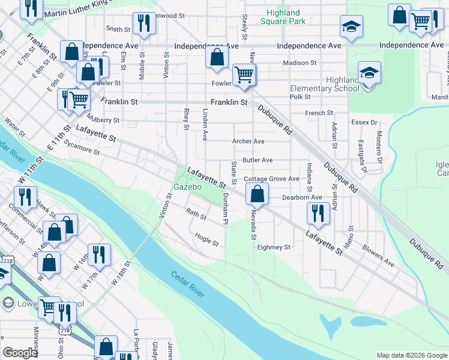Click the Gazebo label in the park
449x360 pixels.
187,187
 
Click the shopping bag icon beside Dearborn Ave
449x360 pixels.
257,194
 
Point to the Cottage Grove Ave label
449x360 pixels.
271,179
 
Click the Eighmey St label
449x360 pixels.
274,247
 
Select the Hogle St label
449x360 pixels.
207,239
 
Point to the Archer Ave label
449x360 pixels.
249,142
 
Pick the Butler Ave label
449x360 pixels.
258,160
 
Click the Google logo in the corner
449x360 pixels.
20,353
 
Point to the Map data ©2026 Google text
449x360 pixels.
411,355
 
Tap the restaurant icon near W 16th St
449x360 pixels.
98,254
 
